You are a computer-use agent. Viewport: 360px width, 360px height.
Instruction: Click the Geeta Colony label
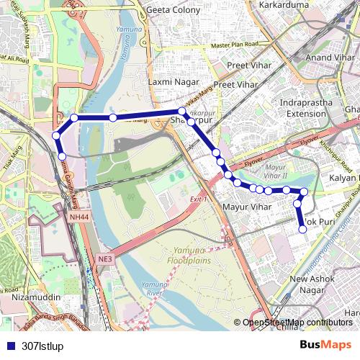175,11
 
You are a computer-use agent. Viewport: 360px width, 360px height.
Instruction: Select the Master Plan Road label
235,45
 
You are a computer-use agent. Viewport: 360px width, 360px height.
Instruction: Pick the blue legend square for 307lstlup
10,346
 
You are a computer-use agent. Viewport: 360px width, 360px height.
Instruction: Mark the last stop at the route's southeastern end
302,230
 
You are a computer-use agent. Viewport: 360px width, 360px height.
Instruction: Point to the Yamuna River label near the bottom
153,289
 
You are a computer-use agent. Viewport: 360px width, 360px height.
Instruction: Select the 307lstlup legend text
42,346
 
